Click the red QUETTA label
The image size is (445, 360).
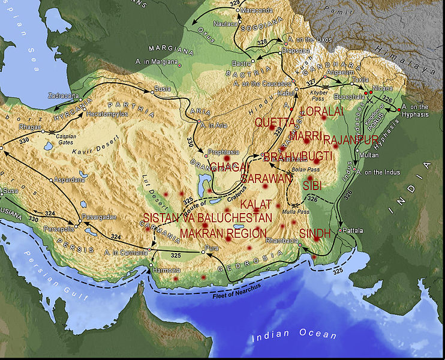pyautogui.click(x=275, y=122)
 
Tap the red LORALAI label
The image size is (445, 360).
pyautogui.click(x=323, y=112)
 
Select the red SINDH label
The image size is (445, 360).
pyautogui.click(x=314, y=232)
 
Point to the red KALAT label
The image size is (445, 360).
pyautogui.click(x=256, y=204)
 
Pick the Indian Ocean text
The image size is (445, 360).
pyautogui.click(x=294, y=334)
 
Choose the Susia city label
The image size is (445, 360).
pyautogui.click(x=163, y=89)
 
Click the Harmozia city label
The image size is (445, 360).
pyautogui.click(x=166, y=271)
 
